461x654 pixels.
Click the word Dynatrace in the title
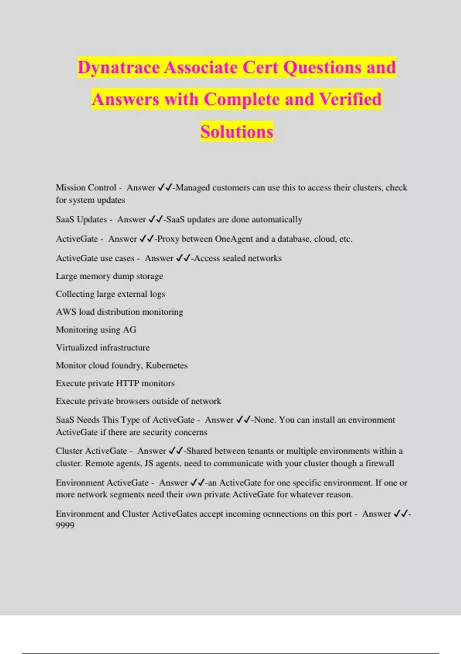pos(119,68)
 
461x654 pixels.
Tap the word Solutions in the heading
pos(237,132)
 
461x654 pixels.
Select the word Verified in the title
pos(350,99)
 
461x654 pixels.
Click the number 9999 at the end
pos(65,526)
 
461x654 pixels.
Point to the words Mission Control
pos(86,188)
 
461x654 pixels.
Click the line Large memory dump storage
pos(109,276)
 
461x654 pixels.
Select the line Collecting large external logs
pos(110,294)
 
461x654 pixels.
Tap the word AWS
pos(66,312)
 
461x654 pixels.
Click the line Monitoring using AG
pos(96,330)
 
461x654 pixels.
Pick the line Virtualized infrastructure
pos(103,348)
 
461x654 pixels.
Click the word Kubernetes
pos(166,365)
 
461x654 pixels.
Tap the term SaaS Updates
pos(81,220)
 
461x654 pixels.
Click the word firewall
pos(380,463)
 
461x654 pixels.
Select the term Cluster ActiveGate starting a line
pos(91,451)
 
